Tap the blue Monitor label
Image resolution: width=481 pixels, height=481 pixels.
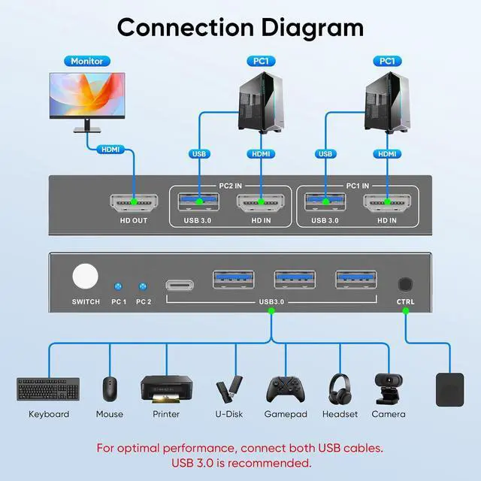point(86,61)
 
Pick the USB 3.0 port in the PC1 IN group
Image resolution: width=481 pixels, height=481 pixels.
point(325,202)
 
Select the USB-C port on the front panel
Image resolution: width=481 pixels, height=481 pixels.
point(178,285)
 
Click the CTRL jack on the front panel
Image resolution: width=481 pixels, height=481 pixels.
point(405,285)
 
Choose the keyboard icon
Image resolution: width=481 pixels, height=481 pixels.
point(48,389)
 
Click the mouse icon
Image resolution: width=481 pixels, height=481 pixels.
point(110,388)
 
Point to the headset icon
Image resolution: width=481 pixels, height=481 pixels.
point(339,388)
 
